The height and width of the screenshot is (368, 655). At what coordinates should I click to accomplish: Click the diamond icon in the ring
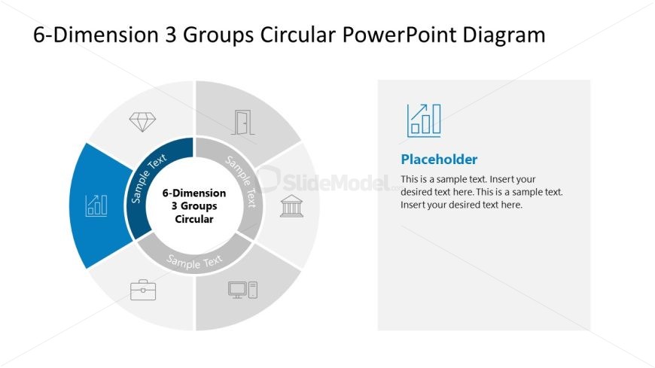142,121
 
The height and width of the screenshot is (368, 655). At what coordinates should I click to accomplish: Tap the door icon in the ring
243,122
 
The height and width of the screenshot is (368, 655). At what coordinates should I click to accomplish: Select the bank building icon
291,205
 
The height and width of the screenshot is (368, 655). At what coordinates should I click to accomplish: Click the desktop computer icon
242,290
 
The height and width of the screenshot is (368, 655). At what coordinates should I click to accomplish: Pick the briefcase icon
142,290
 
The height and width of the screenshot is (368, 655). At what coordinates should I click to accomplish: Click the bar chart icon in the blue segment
96,205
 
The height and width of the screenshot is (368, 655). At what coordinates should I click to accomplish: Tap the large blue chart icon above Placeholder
424,120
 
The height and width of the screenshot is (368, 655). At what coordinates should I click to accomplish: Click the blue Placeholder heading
439,160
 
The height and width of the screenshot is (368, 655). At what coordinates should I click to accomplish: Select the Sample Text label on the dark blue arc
149,178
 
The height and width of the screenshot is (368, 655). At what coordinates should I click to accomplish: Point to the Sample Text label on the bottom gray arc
194,261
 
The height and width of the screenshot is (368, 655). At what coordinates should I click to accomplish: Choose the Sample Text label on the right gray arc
242,181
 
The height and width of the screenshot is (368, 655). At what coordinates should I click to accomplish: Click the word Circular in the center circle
194,219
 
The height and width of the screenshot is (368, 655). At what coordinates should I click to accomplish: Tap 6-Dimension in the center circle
194,193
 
